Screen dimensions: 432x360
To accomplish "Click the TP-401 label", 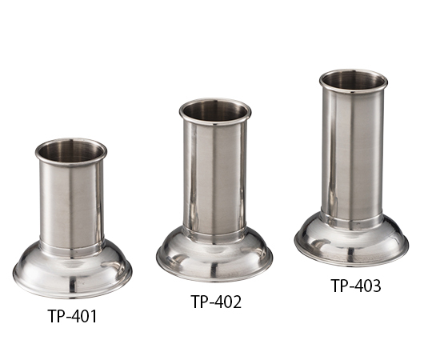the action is pyautogui.click(x=73, y=316).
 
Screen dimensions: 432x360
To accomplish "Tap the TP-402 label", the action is pyautogui.click(x=216, y=302).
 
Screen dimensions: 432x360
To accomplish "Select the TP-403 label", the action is pyautogui.click(x=356, y=286).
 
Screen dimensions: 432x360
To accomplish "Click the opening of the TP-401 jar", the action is pyautogui.click(x=71, y=152).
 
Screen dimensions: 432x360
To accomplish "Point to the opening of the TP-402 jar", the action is pyautogui.click(x=215, y=111).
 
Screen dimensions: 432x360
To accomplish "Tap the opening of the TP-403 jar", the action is pyautogui.click(x=354, y=82).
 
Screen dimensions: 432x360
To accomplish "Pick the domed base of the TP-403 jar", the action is pyautogui.click(x=351, y=241).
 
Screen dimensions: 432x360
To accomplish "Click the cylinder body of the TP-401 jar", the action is pyautogui.click(x=72, y=204).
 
